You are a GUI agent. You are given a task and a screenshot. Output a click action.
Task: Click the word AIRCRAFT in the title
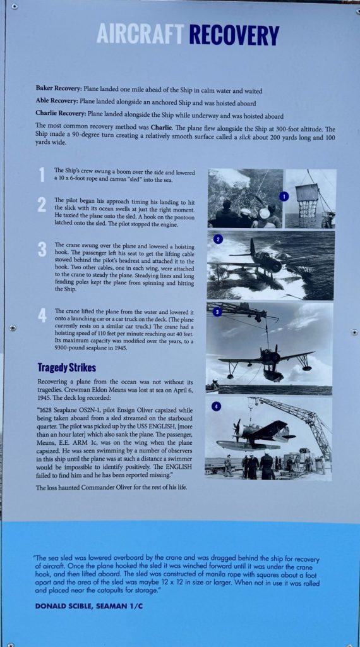[x=140, y=34]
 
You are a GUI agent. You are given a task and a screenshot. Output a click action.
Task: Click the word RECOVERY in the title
[x=234, y=35]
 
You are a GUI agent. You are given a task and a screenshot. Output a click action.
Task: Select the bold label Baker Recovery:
[x=59, y=87]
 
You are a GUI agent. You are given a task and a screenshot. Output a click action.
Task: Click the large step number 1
[x=42, y=175]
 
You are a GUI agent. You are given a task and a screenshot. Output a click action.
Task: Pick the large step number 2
[x=42, y=205]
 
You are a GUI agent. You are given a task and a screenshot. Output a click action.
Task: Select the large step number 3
[x=42, y=249]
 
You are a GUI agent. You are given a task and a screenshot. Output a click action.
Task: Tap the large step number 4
[x=42, y=315]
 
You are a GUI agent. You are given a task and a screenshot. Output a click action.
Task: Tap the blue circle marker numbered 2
[x=218, y=239]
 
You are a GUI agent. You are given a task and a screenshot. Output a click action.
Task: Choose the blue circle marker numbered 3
[x=217, y=311]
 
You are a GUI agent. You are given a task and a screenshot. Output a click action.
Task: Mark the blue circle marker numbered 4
[x=217, y=406]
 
